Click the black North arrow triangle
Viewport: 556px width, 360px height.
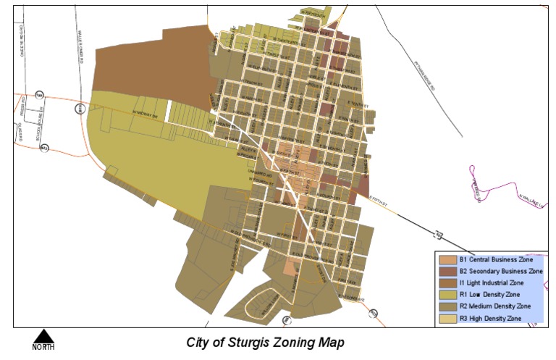(43, 336)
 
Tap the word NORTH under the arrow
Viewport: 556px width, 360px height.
(43, 347)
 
